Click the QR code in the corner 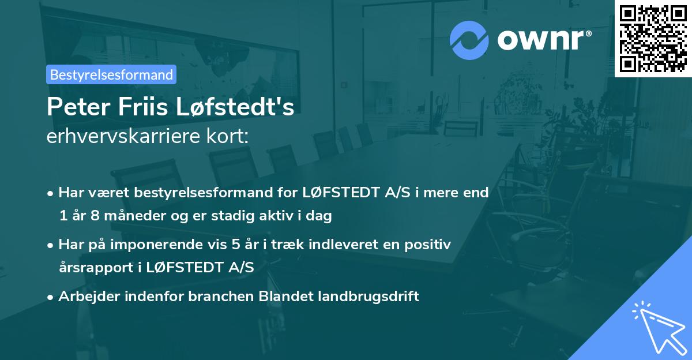[653, 39]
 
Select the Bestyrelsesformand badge [111, 74]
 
